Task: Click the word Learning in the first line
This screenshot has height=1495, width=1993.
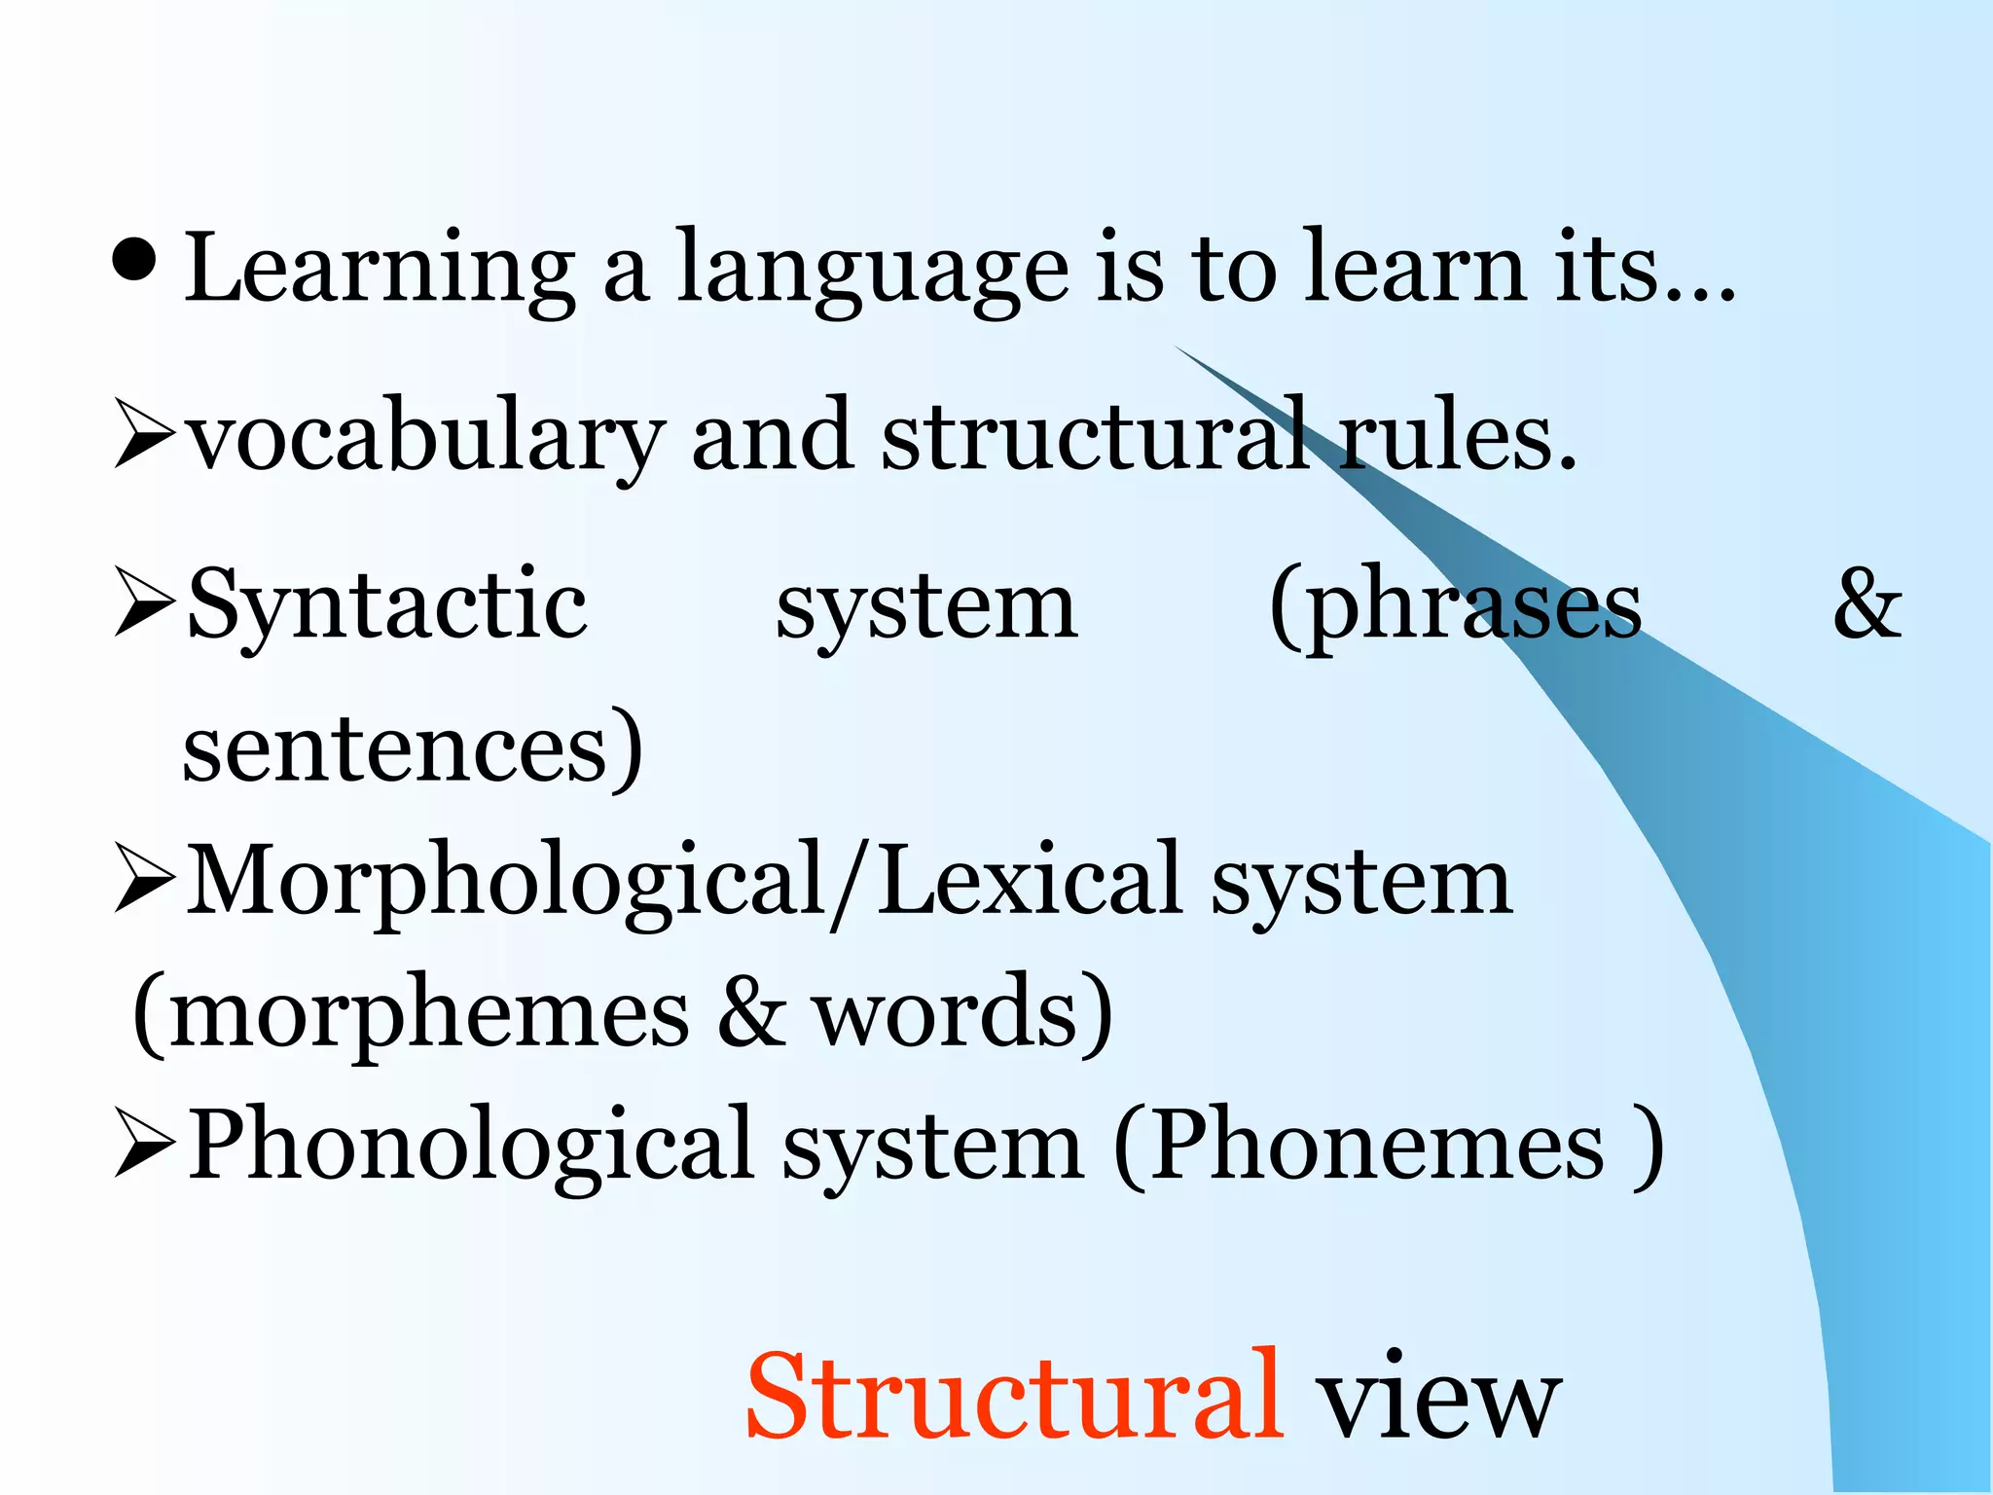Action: [x=380, y=269]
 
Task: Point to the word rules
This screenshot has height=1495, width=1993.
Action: [x=1456, y=439]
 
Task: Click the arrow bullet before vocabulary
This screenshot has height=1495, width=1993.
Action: [x=144, y=433]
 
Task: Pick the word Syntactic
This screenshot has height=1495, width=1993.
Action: [x=386, y=605]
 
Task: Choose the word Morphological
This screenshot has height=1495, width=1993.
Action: [x=506, y=881]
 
